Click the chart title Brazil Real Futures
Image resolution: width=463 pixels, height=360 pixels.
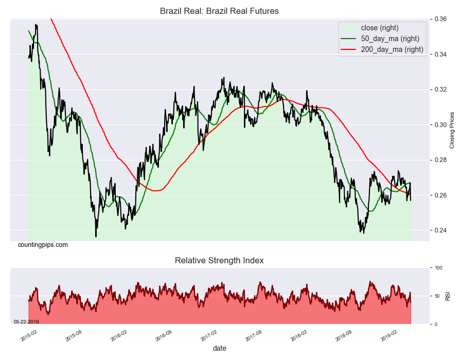click(x=219, y=11)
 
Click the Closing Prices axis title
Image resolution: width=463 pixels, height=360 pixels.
click(x=452, y=130)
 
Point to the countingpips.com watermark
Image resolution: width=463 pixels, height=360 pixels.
click(x=43, y=245)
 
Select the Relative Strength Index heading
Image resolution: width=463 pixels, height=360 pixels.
click(x=219, y=261)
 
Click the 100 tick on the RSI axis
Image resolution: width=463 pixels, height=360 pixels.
click(x=438, y=268)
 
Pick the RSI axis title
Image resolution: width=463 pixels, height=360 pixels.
click(x=448, y=296)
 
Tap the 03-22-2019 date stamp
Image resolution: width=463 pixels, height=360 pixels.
click(x=26, y=321)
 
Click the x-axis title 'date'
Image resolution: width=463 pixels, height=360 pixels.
click(x=220, y=348)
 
